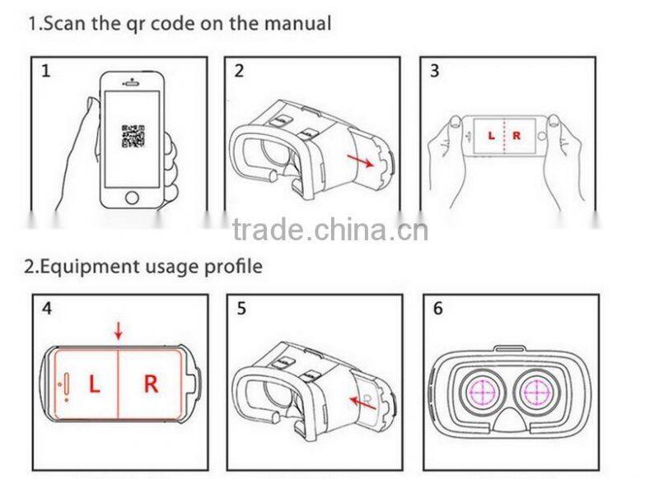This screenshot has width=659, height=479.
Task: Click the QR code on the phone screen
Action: (133, 136)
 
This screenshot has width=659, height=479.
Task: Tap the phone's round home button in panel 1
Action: (132, 198)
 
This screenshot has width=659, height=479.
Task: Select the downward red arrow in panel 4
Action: (118, 331)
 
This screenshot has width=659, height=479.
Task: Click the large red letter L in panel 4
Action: (94, 384)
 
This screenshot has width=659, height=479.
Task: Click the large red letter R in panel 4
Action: (151, 384)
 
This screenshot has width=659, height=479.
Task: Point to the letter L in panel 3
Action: (492, 135)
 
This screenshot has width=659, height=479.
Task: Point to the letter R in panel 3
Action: (516, 135)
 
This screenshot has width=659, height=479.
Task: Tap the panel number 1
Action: (46, 71)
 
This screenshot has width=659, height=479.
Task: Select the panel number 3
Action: (434, 71)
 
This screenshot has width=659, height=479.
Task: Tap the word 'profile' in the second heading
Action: (233, 266)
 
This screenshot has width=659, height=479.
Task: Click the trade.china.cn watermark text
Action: (329, 230)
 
